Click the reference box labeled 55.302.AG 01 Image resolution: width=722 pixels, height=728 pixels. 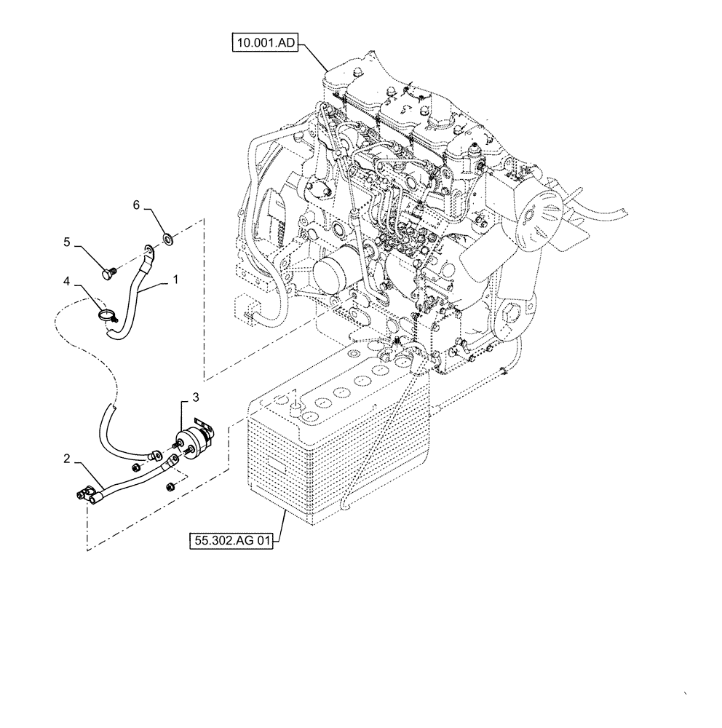[231, 541]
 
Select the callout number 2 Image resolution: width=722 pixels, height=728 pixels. [66, 459]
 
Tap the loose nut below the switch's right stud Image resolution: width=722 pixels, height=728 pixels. [170, 486]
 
